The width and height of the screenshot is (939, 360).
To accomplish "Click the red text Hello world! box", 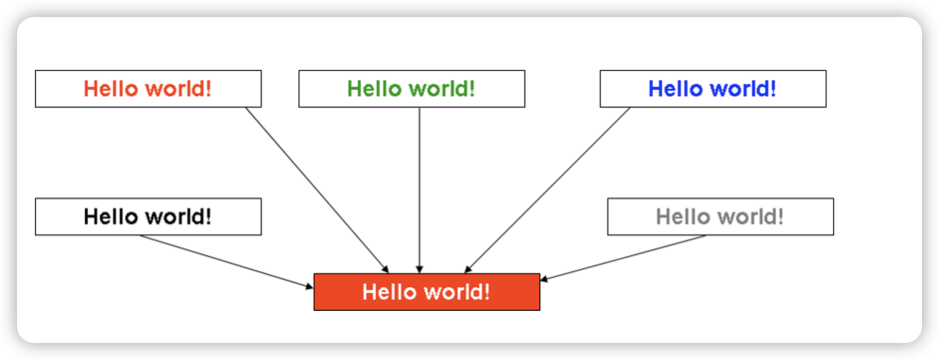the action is click(x=148, y=89).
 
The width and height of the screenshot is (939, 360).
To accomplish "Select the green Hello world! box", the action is click(x=412, y=89).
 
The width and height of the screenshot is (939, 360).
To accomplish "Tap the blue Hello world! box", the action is click(x=713, y=89).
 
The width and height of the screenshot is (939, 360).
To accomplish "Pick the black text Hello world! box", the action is click(x=148, y=216).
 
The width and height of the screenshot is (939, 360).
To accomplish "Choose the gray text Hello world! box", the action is click(x=721, y=216).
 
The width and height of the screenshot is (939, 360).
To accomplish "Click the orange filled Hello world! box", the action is click(x=427, y=292).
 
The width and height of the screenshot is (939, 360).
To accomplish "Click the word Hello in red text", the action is click(x=111, y=89).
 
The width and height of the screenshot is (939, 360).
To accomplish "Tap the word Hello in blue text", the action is click(x=675, y=89).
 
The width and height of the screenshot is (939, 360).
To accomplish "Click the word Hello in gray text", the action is click(x=683, y=217).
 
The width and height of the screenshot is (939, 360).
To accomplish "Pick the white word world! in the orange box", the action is click(x=457, y=292).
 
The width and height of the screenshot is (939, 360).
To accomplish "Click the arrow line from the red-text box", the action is click(x=317, y=190).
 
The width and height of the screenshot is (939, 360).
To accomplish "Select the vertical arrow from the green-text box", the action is click(x=419, y=190).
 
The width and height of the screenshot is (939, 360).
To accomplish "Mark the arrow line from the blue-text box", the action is click(x=547, y=190).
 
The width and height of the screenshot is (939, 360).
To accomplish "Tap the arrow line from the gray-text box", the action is click(x=623, y=257).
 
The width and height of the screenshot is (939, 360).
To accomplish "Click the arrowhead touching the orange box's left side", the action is click(x=310, y=286).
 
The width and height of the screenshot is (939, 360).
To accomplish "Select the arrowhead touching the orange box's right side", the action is click(x=544, y=279).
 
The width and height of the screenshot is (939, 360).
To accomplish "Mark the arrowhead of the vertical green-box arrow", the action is click(x=419, y=270).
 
